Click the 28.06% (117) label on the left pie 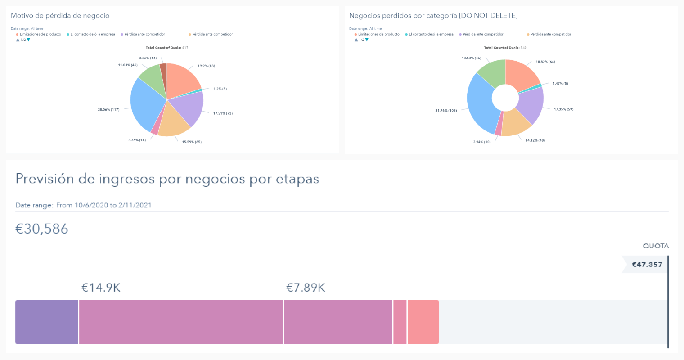pyautogui.click(x=108, y=110)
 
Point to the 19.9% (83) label pyautogui.click(x=206, y=66)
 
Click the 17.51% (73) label pyautogui.click(x=223, y=113)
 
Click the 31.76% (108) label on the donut pyautogui.click(x=446, y=111)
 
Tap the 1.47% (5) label pyautogui.click(x=560, y=84)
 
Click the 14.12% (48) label pyautogui.click(x=535, y=140)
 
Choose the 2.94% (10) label pyautogui.click(x=481, y=142)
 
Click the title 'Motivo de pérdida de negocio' pyautogui.click(x=60, y=16)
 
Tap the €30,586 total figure pyautogui.click(x=42, y=229)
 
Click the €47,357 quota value pyautogui.click(x=647, y=265)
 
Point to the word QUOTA pyautogui.click(x=656, y=246)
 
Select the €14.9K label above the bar pyautogui.click(x=101, y=288)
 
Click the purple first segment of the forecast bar pyautogui.click(x=47, y=322)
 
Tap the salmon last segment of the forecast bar pyautogui.click(x=423, y=322)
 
